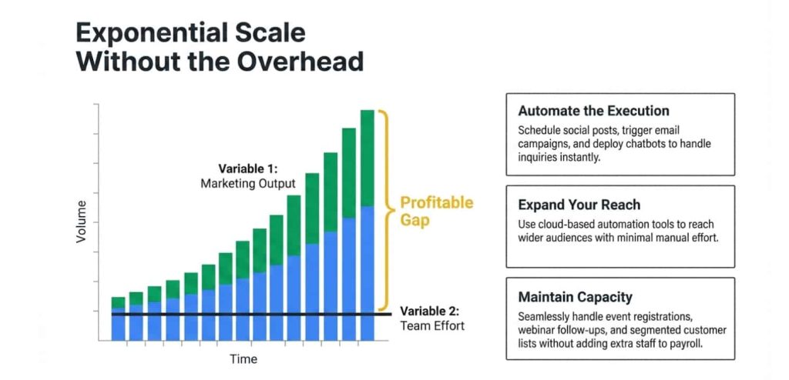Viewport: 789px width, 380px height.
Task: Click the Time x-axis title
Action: click(243, 359)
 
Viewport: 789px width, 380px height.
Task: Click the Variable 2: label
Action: click(429, 312)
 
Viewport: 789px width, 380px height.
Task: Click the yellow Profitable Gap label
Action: click(435, 212)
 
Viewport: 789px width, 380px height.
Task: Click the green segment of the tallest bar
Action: click(368, 158)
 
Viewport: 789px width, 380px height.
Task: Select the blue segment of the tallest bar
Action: click(368, 262)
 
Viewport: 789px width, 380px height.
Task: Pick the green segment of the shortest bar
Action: click(118, 302)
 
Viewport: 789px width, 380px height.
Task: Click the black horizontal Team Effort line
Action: click(254, 314)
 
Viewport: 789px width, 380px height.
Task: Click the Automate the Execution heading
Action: click(593, 110)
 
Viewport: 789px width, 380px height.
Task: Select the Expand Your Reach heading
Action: click(579, 205)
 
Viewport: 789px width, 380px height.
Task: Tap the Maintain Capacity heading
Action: click(575, 297)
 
